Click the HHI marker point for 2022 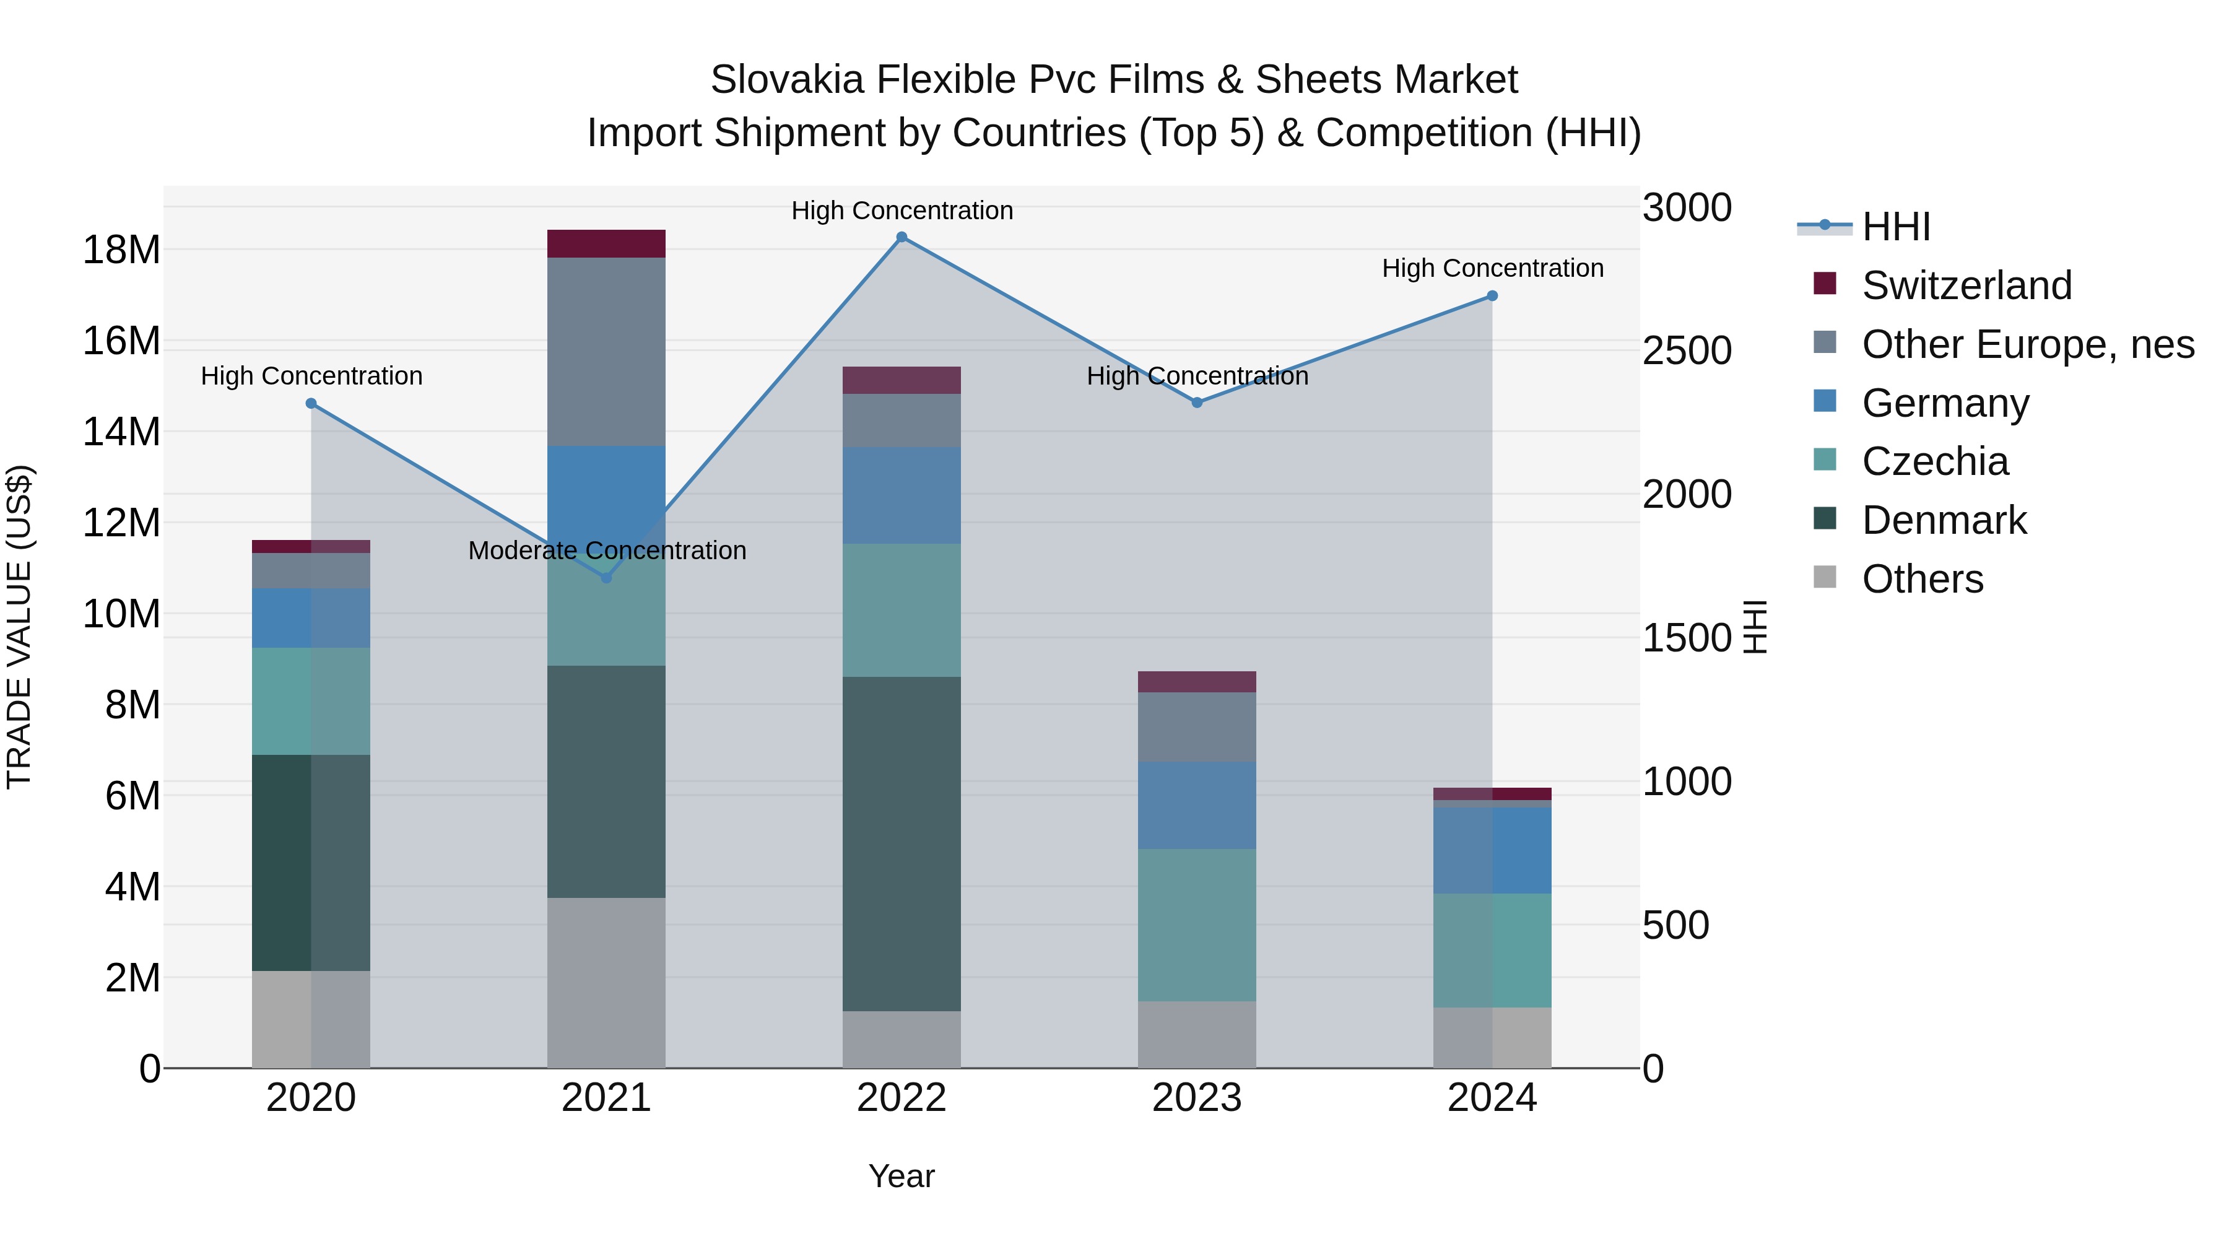(901, 237)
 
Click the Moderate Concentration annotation (607, 551)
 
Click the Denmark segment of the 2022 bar (901, 844)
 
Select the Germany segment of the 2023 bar (1197, 805)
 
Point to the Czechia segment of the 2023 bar (1197, 925)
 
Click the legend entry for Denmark (1944, 520)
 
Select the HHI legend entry (1895, 227)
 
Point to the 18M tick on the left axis (121, 250)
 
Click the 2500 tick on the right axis (1687, 351)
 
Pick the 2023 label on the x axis (1197, 1098)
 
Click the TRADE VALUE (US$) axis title (19, 627)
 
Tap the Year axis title (901, 1176)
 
